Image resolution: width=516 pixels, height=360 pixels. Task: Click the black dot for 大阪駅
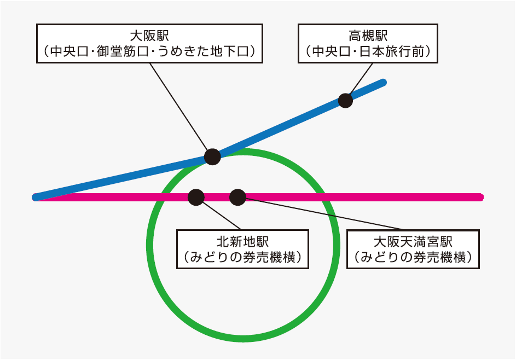click(x=212, y=156)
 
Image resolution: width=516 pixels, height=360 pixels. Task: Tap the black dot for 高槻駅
click(x=345, y=100)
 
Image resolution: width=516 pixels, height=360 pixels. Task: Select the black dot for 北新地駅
click(x=196, y=197)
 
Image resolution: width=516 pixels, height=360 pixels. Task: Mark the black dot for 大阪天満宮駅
click(x=237, y=197)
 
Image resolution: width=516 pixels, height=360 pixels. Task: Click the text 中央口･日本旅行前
click(x=368, y=52)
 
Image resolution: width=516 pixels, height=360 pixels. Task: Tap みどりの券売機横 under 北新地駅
click(x=242, y=257)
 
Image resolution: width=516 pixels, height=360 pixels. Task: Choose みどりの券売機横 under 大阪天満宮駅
click(x=413, y=257)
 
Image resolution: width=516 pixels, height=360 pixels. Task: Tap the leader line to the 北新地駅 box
click(x=222, y=215)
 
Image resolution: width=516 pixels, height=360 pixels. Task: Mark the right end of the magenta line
click(x=480, y=197)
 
